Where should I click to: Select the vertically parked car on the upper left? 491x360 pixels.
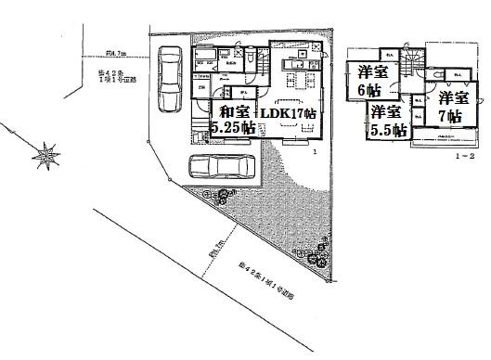tap(171, 80)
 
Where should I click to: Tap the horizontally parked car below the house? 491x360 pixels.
tap(222, 167)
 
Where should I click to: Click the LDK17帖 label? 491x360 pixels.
tap(289, 113)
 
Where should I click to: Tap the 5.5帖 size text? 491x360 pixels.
tap(387, 130)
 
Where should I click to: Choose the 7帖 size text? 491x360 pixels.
tap(451, 116)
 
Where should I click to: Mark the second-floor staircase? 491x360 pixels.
tap(409, 61)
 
